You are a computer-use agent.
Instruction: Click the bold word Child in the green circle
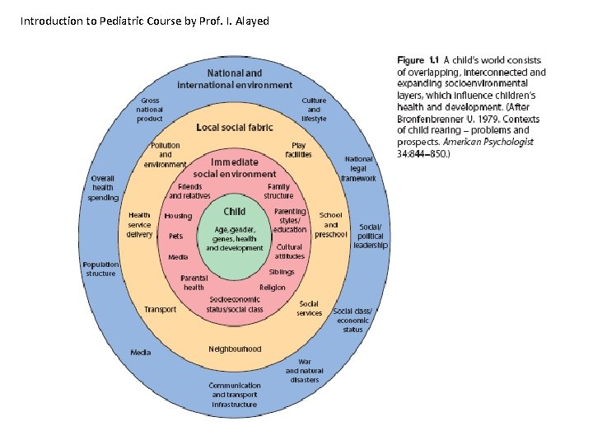235,212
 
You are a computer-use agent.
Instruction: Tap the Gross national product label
150,110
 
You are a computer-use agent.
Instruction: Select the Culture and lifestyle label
314,110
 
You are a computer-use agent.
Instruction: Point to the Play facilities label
298,150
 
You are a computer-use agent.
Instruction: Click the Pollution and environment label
166,155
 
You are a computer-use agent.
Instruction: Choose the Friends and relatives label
189,192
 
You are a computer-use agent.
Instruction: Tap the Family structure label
278,192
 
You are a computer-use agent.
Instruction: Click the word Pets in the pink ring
175,236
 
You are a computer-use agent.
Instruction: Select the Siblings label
282,272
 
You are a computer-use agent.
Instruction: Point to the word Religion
273,288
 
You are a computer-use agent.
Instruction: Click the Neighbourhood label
235,349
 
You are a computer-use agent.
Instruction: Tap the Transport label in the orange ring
160,310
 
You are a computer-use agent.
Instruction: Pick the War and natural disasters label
305,371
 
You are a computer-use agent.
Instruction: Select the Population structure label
100,269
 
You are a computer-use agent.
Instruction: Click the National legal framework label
359,168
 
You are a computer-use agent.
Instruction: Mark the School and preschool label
330,224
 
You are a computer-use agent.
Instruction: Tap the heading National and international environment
235,78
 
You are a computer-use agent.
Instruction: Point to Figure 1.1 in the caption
423,60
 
